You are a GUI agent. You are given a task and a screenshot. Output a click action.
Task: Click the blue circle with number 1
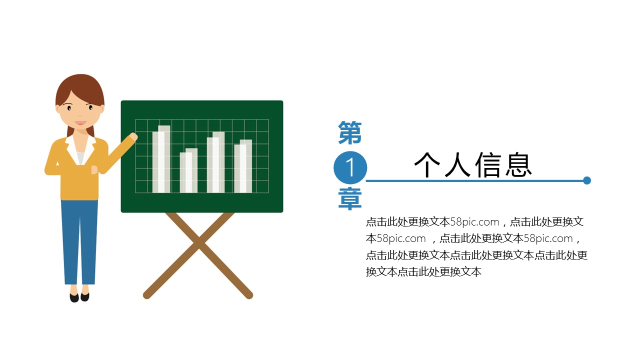(x=350, y=167)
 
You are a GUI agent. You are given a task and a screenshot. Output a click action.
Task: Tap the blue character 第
(x=350, y=132)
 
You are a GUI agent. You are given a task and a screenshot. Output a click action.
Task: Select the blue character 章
(x=350, y=198)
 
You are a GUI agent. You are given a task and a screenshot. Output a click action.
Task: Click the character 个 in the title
(x=427, y=165)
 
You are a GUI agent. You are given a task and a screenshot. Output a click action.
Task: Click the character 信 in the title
(x=488, y=164)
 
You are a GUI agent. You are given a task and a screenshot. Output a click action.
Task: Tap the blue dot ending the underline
(x=587, y=180)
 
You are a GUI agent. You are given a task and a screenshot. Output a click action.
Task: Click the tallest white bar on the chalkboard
(x=161, y=159)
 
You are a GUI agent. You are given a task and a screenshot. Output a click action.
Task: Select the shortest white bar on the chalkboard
(x=188, y=170)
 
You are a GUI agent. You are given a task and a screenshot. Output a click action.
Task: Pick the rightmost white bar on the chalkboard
(x=243, y=166)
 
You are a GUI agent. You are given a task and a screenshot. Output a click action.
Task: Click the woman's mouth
(x=80, y=123)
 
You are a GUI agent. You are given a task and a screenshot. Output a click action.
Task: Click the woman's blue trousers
(x=79, y=242)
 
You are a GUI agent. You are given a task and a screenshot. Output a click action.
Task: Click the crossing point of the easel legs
(x=199, y=243)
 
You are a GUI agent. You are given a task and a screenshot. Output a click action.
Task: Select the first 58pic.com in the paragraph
(x=474, y=222)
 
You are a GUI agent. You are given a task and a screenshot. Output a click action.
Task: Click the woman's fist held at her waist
(x=94, y=169)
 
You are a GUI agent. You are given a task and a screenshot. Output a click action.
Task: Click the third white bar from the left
(x=215, y=162)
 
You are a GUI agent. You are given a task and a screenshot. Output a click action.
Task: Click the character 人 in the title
(x=457, y=165)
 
